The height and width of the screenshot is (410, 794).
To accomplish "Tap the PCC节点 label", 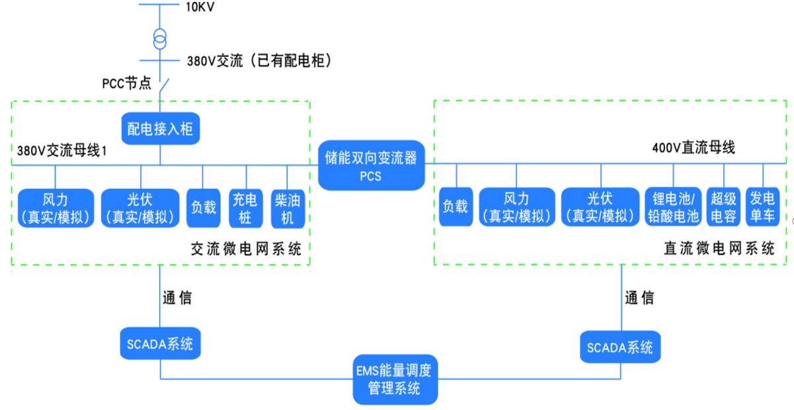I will (x=126, y=84).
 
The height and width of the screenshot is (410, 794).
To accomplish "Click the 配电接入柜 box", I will (x=160, y=128).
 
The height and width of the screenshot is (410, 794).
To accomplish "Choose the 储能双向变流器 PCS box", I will (x=371, y=165).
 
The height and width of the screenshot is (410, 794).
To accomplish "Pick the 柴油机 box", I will (x=288, y=208).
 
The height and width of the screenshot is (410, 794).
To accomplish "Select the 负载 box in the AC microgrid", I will (x=203, y=208).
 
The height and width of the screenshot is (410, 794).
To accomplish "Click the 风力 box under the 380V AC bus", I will (x=56, y=208).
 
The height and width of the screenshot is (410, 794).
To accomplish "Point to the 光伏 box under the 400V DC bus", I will (x=600, y=206).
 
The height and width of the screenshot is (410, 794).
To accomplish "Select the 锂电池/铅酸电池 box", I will (x=672, y=206).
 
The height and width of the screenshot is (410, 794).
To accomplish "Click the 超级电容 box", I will (x=723, y=206).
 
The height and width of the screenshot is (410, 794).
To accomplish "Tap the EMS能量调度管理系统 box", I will (x=395, y=378).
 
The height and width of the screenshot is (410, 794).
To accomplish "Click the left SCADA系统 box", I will (x=161, y=345).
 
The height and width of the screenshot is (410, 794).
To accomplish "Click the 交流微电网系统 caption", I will (x=246, y=249).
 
